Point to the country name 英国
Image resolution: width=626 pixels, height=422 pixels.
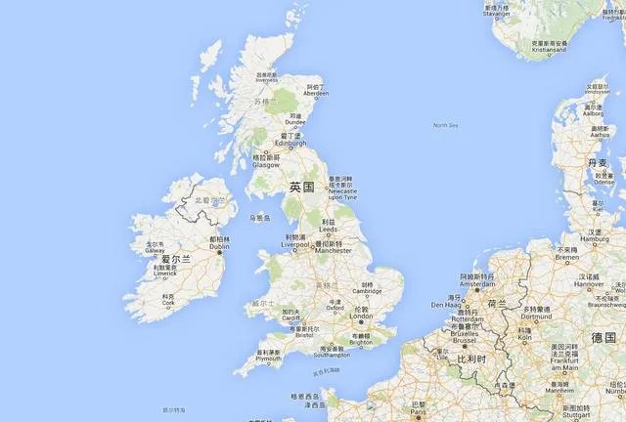[x=301, y=187]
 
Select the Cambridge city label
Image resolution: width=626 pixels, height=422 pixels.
[x=367, y=291]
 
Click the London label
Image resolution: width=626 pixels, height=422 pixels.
[x=362, y=316]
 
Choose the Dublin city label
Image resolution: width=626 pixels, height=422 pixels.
[x=220, y=246]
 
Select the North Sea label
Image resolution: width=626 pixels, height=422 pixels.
[x=446, y=125]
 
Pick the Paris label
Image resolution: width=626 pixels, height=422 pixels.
[x=419, y=411]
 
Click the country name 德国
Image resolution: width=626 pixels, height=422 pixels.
[x=604, y=337]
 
